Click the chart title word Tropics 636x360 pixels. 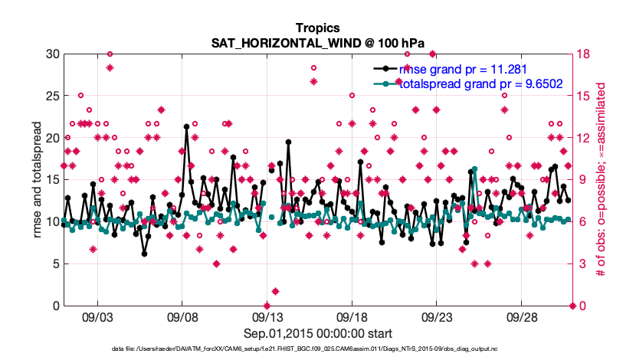317,28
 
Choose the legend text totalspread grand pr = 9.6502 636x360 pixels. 481,83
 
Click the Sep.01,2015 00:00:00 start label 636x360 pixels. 317,333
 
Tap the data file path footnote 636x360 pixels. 317,349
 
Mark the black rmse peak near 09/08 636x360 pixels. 186,126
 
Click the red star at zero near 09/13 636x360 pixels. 267,306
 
